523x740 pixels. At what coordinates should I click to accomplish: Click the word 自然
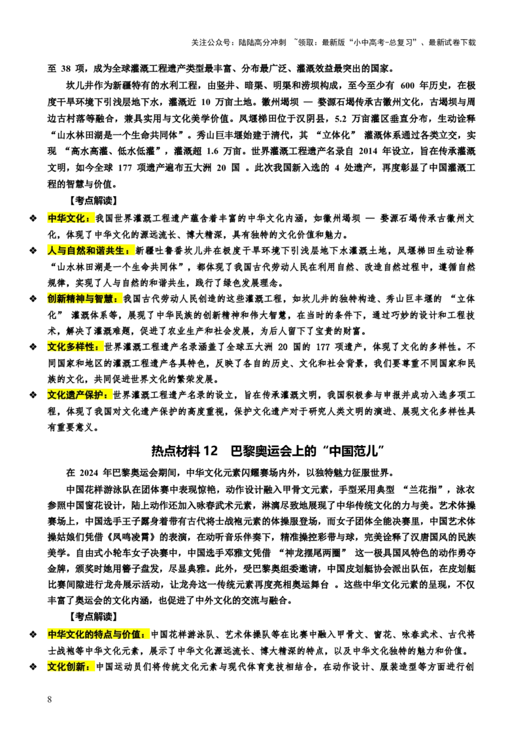76,250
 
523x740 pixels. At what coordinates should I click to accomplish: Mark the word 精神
76,299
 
